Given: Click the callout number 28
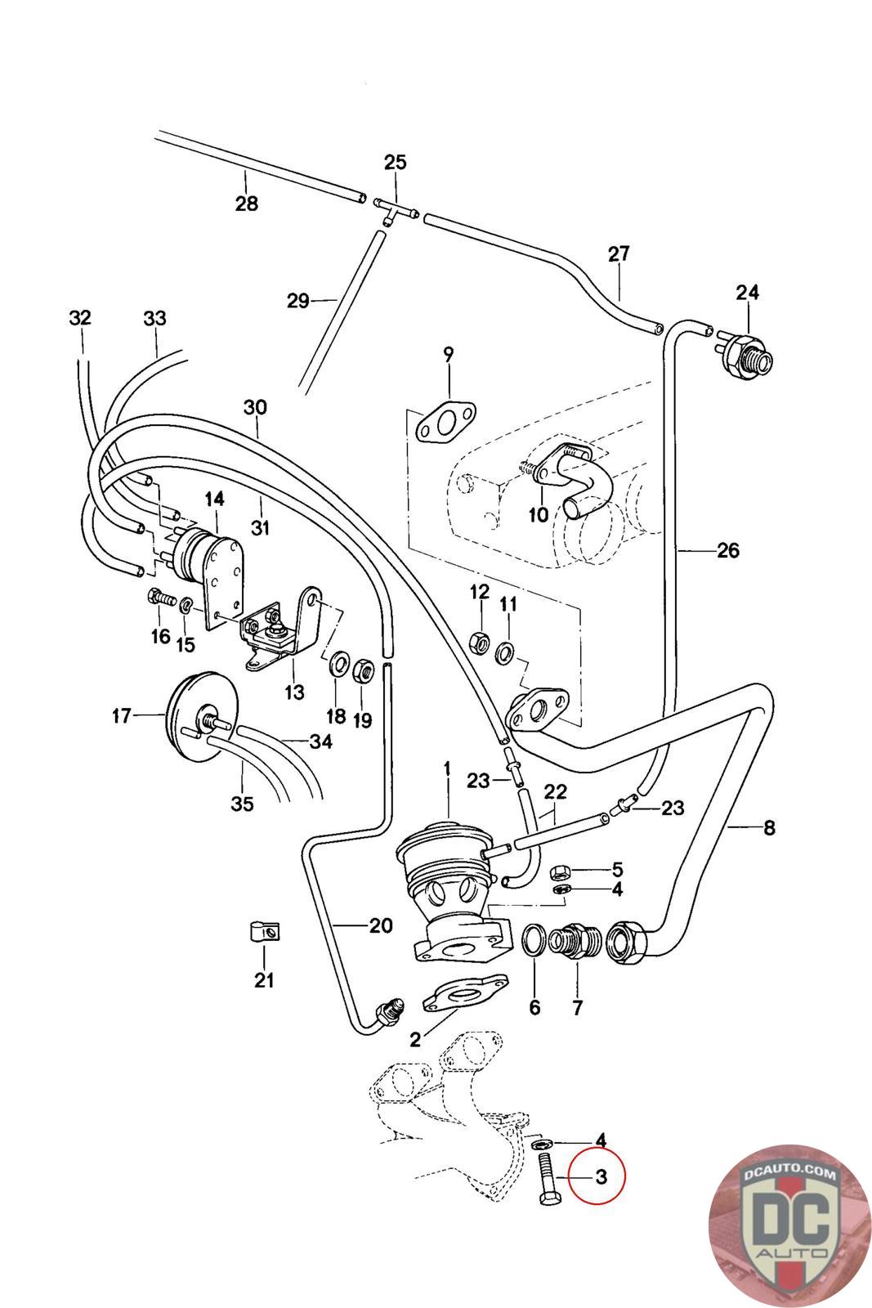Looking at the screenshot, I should [246, 204].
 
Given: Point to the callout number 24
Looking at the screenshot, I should [747, 292].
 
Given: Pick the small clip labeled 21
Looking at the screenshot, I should [263, 931].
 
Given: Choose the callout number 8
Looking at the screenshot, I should [768, 828].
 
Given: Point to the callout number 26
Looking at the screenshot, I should [727, 550].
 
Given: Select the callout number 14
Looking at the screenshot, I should [214, 499].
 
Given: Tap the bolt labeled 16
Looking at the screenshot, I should [160, 598].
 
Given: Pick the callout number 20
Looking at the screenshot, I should [381, 925].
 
